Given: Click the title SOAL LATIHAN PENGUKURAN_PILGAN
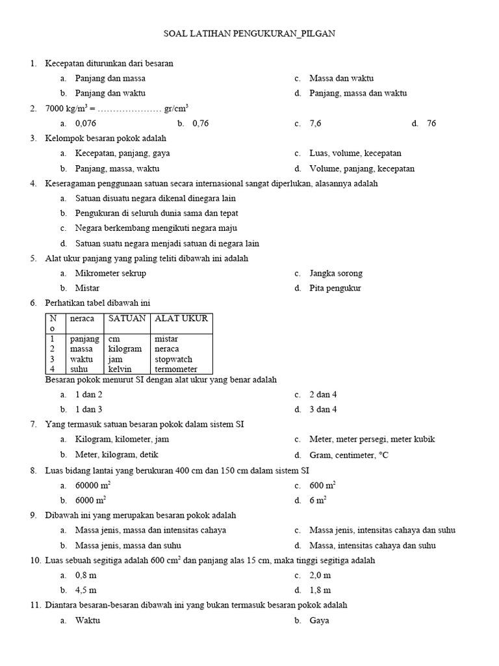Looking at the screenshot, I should tap(249, 33).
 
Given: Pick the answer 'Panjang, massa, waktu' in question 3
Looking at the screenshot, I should tap(117, 169).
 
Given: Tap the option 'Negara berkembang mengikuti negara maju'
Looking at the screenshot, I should tap(156, 229).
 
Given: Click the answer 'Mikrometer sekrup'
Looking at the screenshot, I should tap(110, 274).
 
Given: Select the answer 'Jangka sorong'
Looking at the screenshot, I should tap(336, 274).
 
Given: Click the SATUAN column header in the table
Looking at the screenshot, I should tap(127, 319).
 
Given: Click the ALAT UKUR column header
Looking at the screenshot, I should tap(181, 319).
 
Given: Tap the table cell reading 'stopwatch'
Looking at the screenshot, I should tap(173, 359).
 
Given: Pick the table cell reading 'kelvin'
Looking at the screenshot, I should tap(120, 369).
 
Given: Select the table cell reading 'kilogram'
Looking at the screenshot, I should tap(125, 349).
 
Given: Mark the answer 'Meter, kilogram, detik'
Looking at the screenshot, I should tap(116, 455).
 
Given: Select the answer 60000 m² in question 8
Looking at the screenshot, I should tap(91, 485).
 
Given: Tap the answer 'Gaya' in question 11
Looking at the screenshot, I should tap(319, 620).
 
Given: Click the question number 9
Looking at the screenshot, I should tap(33, 515).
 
